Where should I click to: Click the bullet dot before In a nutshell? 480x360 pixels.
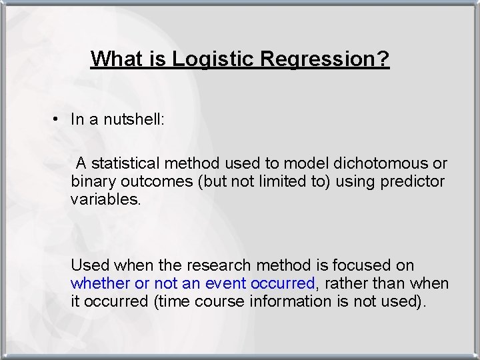[x=59, y=119]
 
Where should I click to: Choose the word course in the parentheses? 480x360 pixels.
[x=220, y=301]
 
